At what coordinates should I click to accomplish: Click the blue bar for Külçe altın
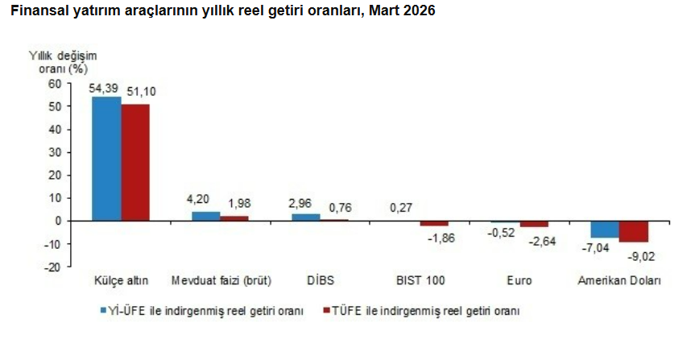106,159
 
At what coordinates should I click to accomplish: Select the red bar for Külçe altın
135,162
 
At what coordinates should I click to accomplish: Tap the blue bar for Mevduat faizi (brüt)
205,216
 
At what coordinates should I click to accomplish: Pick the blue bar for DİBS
305,217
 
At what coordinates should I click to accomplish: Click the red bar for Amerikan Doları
634,231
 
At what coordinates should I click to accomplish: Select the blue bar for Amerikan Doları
605,229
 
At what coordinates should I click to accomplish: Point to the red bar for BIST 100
434,223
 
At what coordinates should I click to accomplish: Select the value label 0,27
401,207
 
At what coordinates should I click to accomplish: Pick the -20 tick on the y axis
52,267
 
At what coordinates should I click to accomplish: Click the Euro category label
519,281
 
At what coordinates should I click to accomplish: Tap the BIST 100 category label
420,281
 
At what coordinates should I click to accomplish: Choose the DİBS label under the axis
321,281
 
